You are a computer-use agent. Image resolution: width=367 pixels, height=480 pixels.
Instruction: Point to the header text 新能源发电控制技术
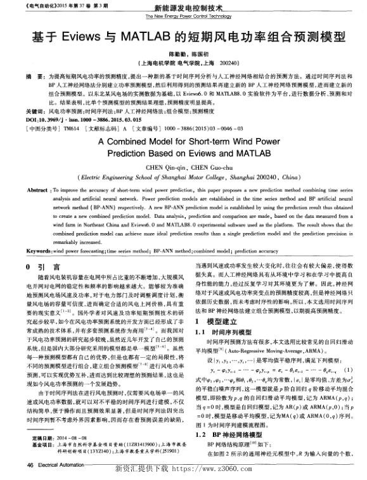pos(184,8)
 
